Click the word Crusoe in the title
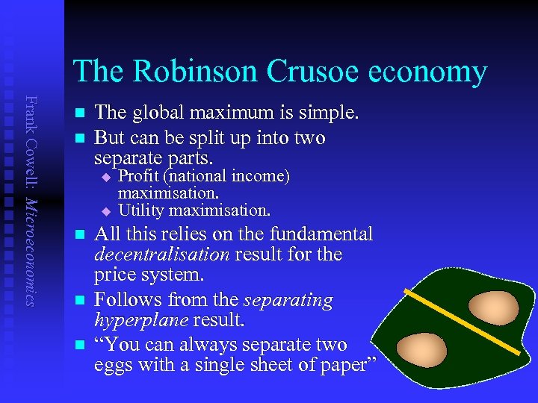tap(314, 72)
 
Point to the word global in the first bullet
tap(158, 113)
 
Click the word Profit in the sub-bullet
tap(141, 176)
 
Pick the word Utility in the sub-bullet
tap(143, 209)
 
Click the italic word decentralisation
tap(162, 254)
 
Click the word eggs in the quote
tap(116, 365)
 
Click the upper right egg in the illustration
tap(491, 306)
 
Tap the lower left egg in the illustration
tap(421, 347)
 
